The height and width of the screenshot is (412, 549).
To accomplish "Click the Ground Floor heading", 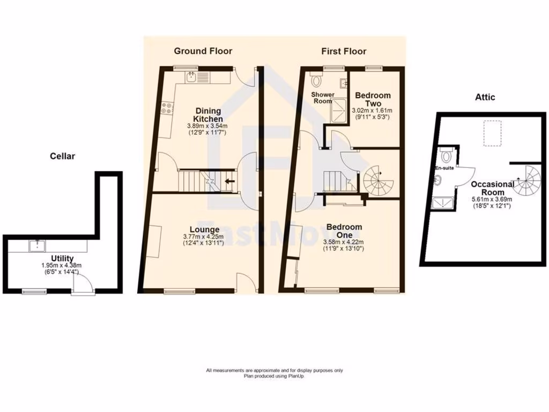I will coord(203,51).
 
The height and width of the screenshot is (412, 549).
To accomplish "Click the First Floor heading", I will coord(344,51).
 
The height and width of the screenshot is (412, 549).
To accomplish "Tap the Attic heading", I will coord(485,97).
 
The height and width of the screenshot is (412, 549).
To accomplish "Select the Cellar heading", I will coord(62,156).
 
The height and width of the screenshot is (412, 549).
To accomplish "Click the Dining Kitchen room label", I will coord(207,115).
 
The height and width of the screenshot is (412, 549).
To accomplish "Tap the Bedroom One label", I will coord(344,231).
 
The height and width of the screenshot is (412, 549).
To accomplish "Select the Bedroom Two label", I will coord(373,99).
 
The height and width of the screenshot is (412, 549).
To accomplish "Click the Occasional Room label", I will coord(492,188).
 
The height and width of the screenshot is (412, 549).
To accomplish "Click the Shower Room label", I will coord(323,98).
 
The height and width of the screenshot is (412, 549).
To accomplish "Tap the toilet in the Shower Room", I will coord(316,80).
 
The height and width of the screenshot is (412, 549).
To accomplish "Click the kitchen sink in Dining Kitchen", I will coord(191,78).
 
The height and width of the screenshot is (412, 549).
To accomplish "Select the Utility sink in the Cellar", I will coord(38,246).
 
